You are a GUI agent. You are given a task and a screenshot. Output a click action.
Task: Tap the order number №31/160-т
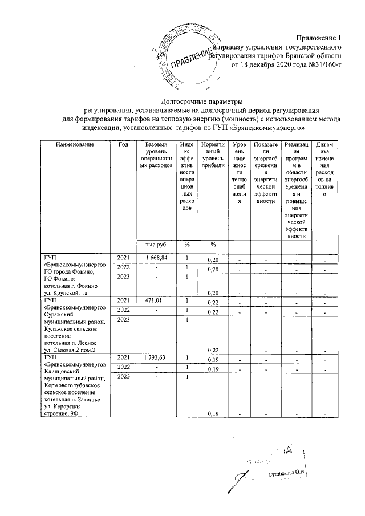[321, 64]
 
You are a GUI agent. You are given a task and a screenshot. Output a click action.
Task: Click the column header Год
[123, 144]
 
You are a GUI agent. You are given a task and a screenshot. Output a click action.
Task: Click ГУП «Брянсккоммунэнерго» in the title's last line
[267, 128]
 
